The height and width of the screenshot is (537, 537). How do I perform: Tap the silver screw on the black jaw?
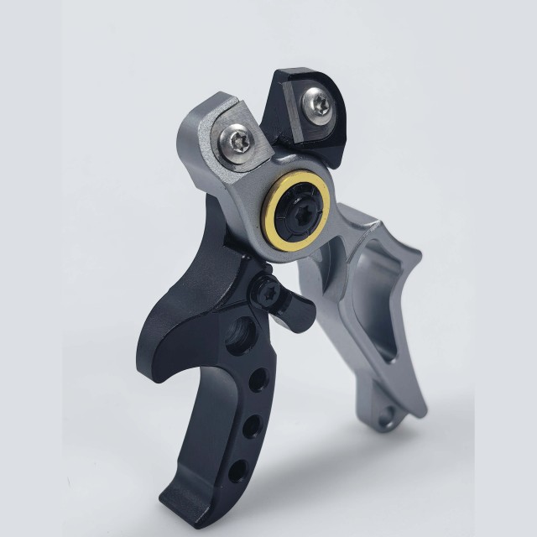320,104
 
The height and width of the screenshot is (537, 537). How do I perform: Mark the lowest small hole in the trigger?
240,469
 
